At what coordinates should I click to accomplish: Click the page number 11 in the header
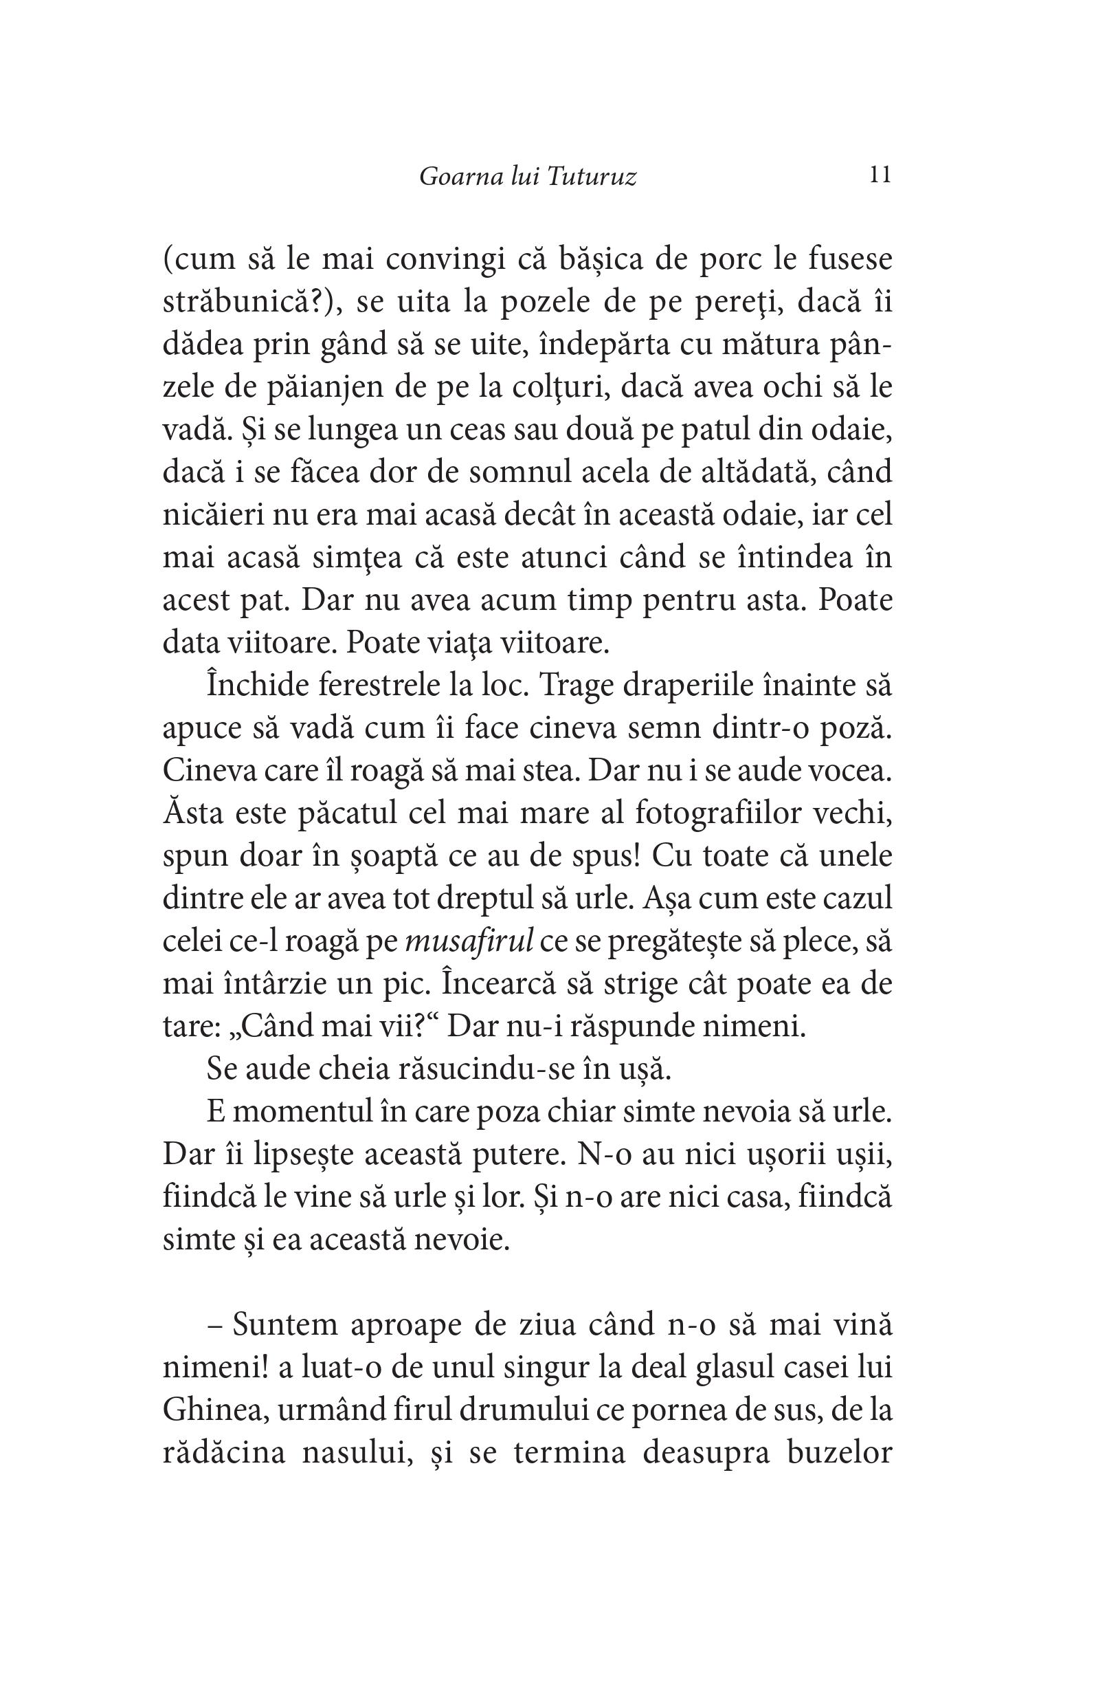tap(880, 175)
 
